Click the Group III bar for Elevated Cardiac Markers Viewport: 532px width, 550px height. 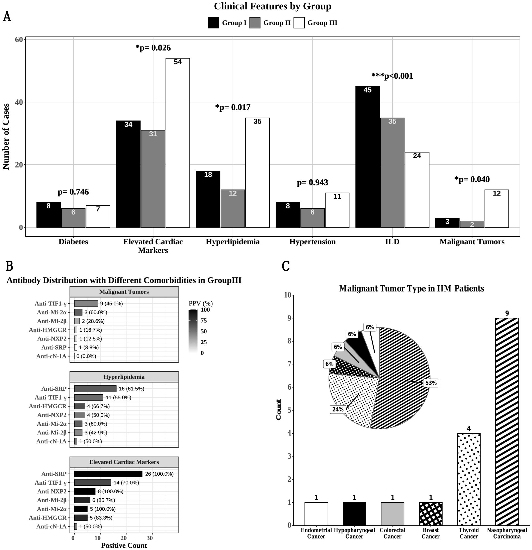(x=177, y=143)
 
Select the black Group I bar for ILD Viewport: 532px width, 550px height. (x=367, y=157)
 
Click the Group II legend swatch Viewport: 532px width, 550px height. (x=254, y=23)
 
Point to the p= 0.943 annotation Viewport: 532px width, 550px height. (x=312, y=183)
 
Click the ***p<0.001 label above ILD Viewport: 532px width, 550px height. (x=392, y=76)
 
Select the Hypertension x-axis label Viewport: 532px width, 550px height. (x=312, y=242)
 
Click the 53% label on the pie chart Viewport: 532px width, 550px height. (x=431, y=383)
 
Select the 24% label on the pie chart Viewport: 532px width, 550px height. (x=338, y=409)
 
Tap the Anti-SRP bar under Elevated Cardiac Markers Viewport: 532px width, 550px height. (x=108, y=474)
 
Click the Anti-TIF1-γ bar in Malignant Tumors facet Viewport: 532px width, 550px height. (x=86, y=303)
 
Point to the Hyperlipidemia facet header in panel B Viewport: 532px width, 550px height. (x=124, y=377)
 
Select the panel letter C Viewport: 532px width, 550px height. (x=286, y=266)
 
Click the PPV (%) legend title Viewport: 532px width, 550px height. (x=201, y=303)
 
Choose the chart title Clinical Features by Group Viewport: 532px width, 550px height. (x=273, y=6)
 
